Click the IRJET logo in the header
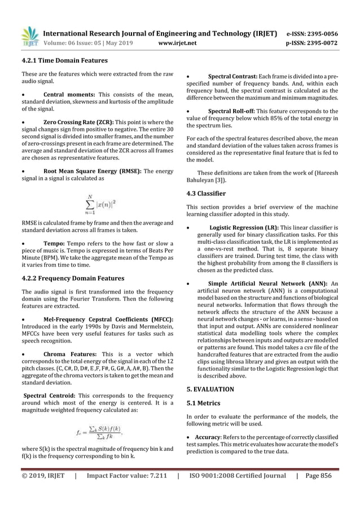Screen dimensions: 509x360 pos(28,35)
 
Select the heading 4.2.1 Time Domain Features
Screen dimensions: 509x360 pos(60,60)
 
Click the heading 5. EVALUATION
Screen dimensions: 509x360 pos(210,389)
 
